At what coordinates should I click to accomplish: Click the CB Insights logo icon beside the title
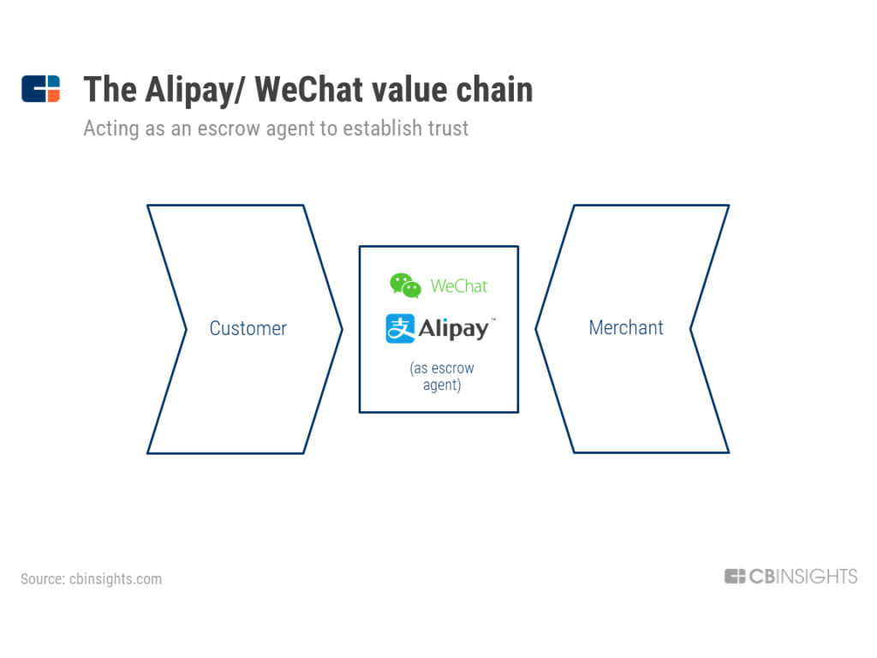pos(41,88)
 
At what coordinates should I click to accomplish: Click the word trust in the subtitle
pos(448,129)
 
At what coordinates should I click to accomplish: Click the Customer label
pos(248,328)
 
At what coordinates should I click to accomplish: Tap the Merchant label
pos(626,327)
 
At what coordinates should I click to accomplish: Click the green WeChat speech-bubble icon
pos(405,285)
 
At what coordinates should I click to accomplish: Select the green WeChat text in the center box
pos(459,286)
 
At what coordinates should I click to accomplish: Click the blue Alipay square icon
pos(400,328)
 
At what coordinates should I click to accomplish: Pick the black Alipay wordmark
pos(454,329)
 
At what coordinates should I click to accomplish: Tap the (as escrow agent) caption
pos(442,376)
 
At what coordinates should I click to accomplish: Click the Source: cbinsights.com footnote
pos(91,578)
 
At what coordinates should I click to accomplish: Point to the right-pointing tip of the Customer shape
pos(343,330)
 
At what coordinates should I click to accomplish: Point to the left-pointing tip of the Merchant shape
pos(536,329)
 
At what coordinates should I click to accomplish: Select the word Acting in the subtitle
pos(111,129)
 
